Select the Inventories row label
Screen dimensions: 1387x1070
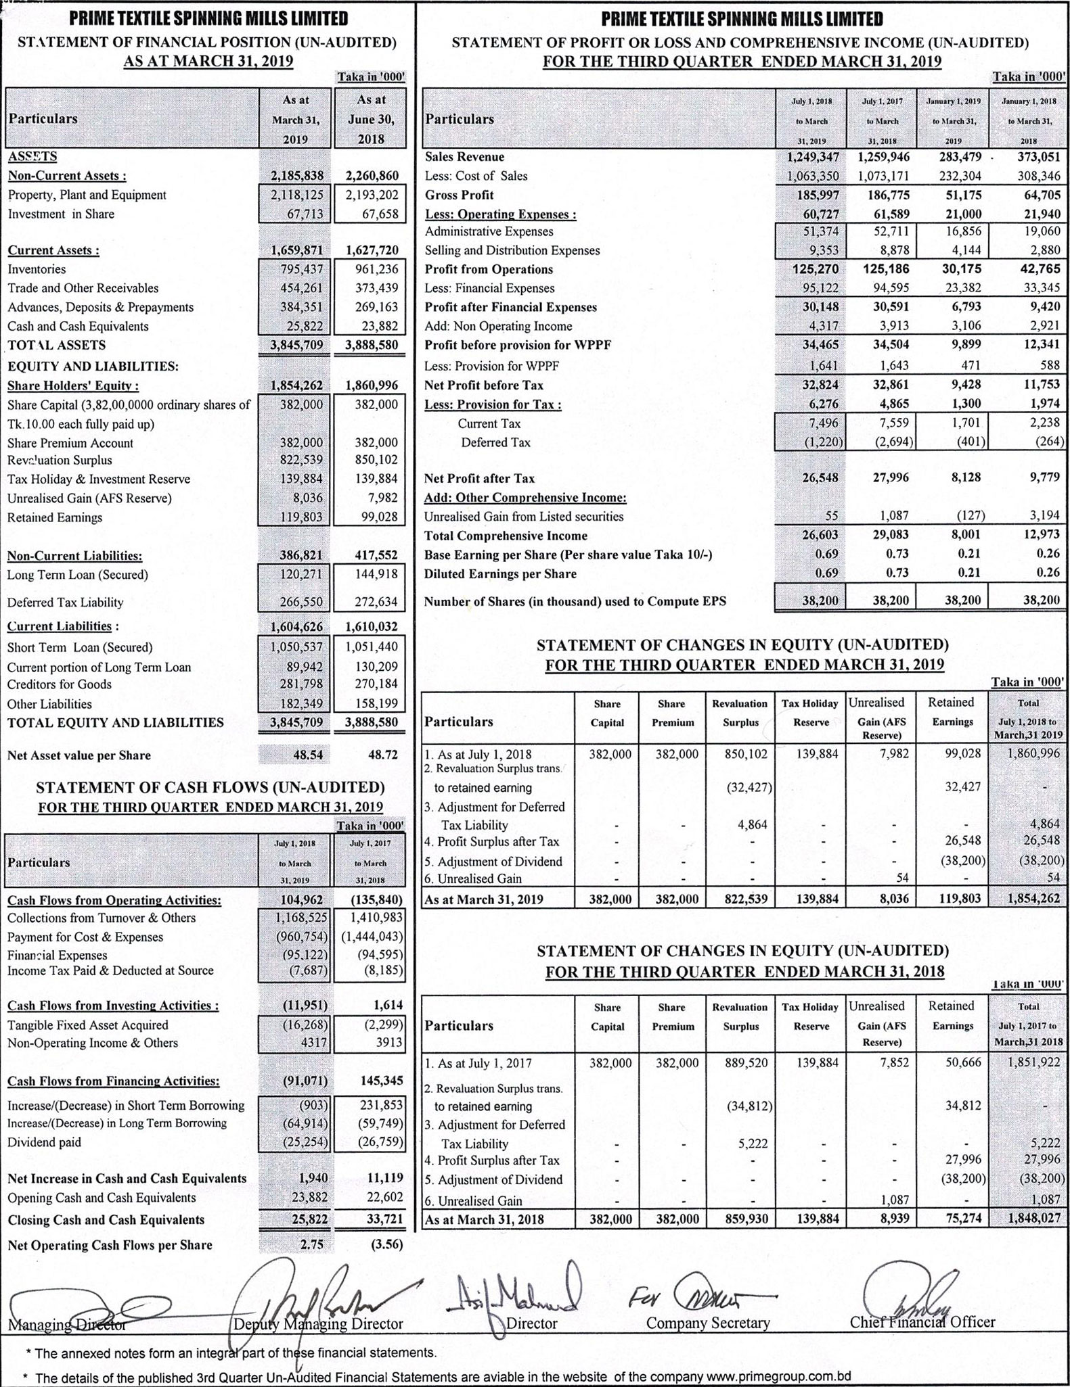click(37, 269)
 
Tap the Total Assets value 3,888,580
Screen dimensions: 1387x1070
click(371, 345)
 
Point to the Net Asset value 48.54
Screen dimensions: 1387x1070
click(307, 755)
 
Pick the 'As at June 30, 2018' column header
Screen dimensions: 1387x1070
click(370, 119)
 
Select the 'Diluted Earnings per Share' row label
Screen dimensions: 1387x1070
click(500, 573)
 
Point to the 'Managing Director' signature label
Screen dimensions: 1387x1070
click(67, 1324)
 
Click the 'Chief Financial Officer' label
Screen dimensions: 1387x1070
click(922, 1322)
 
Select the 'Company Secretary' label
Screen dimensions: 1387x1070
click(707, 1323)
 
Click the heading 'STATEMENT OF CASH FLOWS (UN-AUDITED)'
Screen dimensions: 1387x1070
click(210, 787)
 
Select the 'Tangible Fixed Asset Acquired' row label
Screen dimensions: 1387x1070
click(88, 1025)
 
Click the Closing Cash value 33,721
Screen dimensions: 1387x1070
click(385, 1219)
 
